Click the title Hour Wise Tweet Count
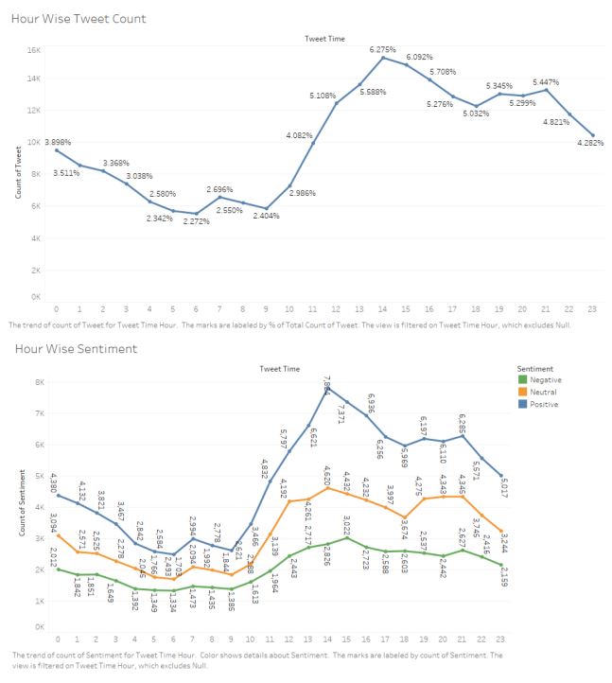point(79,18)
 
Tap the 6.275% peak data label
point(382,49)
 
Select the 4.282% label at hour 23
point(590,143)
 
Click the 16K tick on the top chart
point(33,50)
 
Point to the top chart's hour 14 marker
point(382,58)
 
